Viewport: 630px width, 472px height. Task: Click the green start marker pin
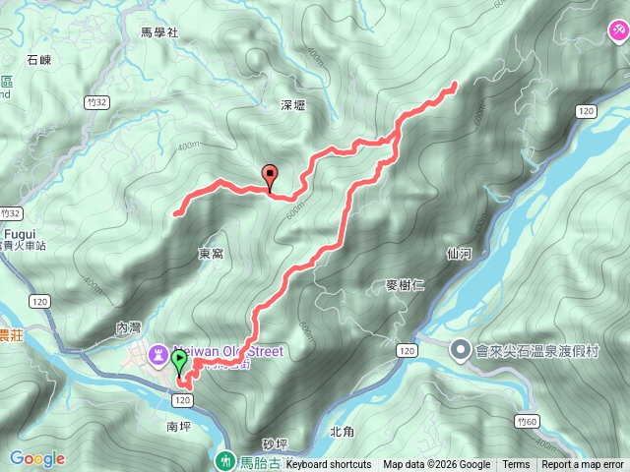coord(179,361)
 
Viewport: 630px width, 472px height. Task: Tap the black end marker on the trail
coord(270,176)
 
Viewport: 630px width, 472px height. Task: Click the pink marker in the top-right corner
coord(617,32)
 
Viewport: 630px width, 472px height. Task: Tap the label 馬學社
coord(158,32)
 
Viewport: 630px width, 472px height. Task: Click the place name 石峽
coord(39,60)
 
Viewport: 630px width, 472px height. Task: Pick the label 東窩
coord(211,254)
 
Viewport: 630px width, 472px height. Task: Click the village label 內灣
coord(129,327)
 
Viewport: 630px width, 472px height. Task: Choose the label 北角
coord(342,431)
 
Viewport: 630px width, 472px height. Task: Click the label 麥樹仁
coord(405,286)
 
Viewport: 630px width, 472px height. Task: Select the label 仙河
coord(459,254)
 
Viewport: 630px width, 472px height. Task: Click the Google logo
coord(37,458)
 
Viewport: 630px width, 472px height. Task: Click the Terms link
coord(516,465)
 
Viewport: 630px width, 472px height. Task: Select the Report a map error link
coord(583,465)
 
